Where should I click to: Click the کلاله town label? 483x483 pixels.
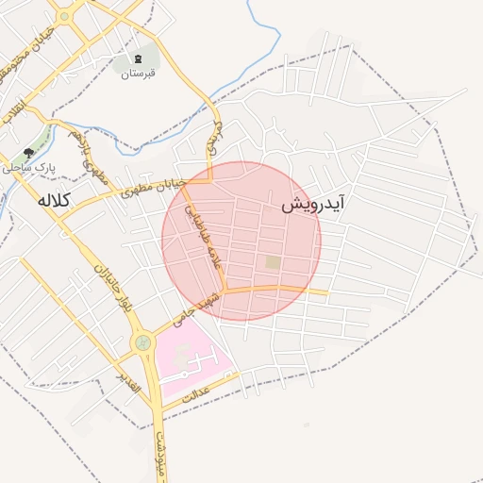(57, 200)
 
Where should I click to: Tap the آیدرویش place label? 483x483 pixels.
(313, 203)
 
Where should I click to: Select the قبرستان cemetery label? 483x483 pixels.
(138, 72)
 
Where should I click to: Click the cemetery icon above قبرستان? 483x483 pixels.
(139, 58)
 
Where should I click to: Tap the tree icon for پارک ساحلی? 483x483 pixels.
(28, 152)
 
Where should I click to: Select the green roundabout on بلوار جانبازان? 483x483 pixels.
(142, 341)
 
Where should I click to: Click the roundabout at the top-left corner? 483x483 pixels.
(64, 16)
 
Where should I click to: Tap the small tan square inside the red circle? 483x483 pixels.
(273, 261)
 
